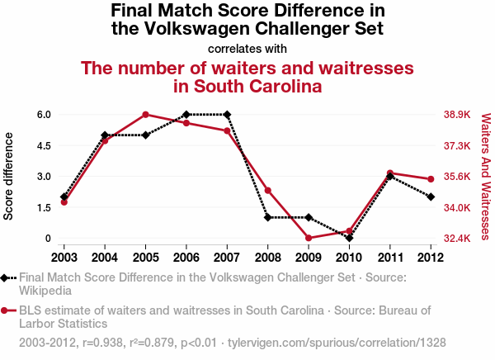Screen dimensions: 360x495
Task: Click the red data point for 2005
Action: (145, 115)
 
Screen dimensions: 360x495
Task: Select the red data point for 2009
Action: (309, 238)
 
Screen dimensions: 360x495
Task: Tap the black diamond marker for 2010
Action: (350, 238)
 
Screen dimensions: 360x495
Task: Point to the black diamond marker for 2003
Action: (64, 197)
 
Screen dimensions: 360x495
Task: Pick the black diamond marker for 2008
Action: (268, 217)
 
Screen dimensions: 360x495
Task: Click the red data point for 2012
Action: (431, 179)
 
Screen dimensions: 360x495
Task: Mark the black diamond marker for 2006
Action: (186, 115)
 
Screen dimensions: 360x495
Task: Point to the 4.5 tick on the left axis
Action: (43, 145)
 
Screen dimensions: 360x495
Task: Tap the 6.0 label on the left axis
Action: (43, 115)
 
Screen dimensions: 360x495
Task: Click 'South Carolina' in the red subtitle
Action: (247, 86)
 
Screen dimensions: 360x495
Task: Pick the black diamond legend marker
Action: (7, 278)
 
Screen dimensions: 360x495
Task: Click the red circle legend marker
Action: (7, 311)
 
